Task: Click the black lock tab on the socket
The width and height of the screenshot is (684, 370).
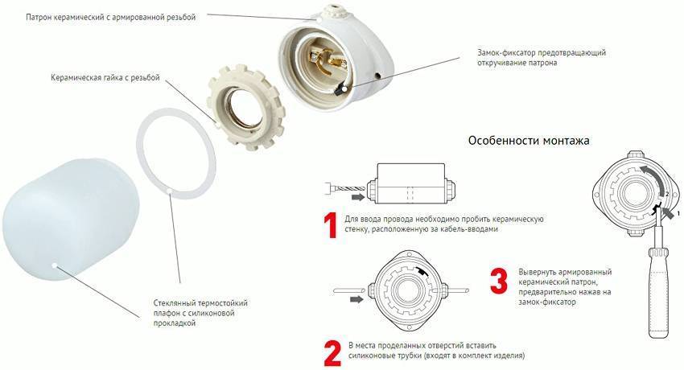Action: (339, 90)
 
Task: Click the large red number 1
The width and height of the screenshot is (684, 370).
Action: (331, 225)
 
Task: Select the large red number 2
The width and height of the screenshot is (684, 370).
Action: (332, 353)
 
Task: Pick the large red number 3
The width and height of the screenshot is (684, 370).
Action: (499, 281)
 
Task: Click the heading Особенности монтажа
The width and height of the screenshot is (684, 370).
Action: (529, 141)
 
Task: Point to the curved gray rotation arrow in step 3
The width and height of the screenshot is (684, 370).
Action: (658, 178)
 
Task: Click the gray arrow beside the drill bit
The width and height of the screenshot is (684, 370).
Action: (359, 197)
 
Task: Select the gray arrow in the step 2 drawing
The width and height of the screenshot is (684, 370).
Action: (357, 299)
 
